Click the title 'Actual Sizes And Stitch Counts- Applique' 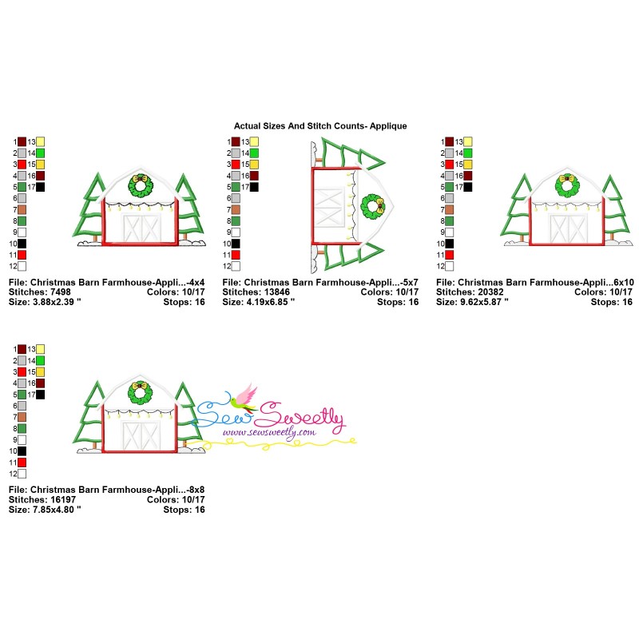click(x=320, y=126)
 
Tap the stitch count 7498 click(x=61, y=292)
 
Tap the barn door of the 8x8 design click(x=141, y=435)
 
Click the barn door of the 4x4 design click(x=142, y=228)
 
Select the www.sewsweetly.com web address click(x=269, y=432)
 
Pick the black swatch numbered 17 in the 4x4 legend click(x=41, y=187)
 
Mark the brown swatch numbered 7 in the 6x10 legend click(x=449, y=210)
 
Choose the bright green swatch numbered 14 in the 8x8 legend click(x=41, y=361)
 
